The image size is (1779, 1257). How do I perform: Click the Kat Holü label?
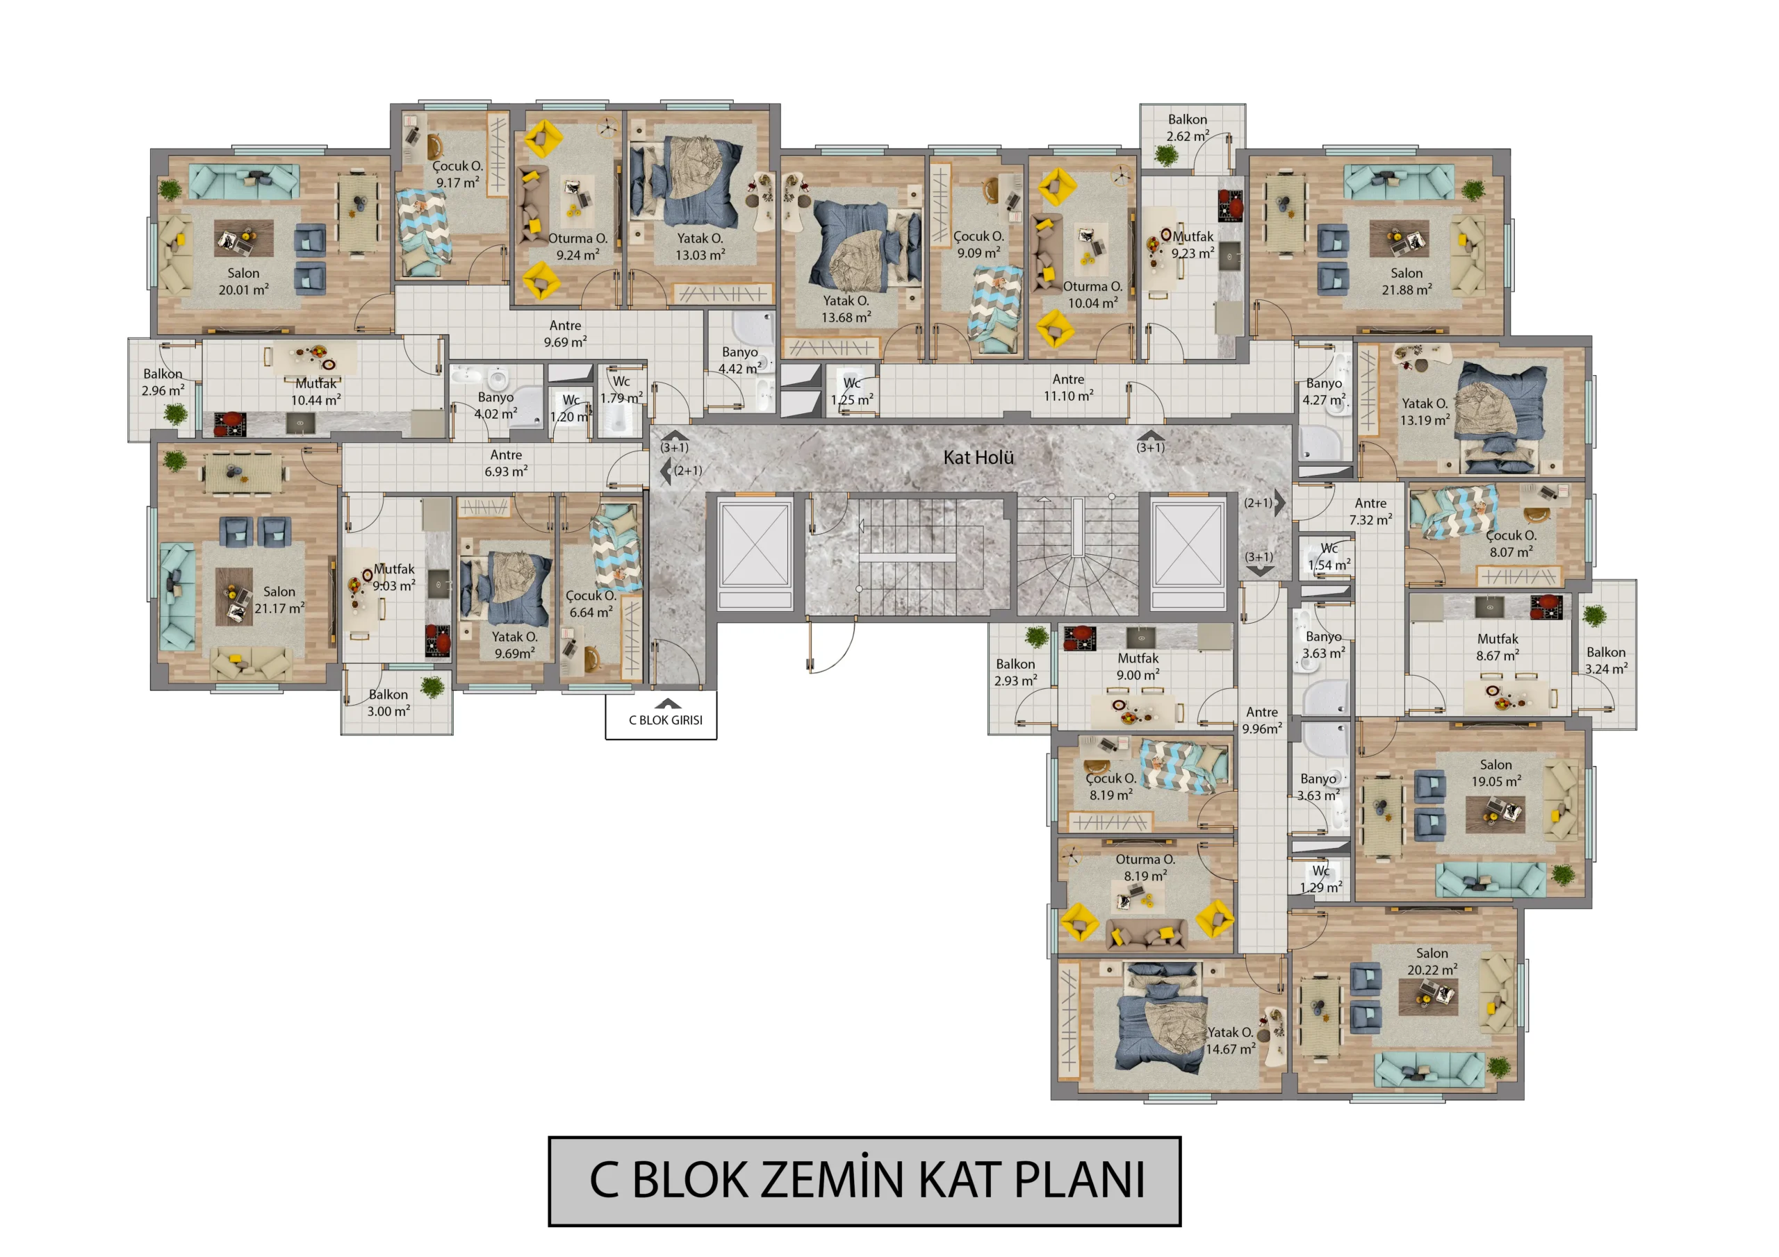(978, 457)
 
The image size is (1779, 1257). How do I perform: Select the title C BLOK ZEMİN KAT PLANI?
(864, 1181)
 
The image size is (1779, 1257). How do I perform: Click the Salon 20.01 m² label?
(243, 281)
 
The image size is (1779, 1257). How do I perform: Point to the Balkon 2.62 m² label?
(1188, 128)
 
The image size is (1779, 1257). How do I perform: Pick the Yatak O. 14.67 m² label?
(1231, 1041)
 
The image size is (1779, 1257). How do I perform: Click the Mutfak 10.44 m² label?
(316, 392)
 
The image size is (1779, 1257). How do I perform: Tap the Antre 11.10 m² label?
(1069, 388)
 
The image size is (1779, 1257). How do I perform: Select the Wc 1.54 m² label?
(1329, 557)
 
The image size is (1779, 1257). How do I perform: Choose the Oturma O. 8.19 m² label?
(1145, 867)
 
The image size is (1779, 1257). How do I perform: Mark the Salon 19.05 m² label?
(1496, 773)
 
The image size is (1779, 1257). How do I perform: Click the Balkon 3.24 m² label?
(1606, 660)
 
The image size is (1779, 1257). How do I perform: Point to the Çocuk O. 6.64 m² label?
(591, 604)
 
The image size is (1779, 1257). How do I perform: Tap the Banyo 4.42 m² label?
(740, 360)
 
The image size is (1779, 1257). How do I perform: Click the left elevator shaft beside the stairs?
(755, 554)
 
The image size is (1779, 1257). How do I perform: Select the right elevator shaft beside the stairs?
(1188, 554)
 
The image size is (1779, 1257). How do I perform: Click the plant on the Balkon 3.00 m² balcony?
(432, 687)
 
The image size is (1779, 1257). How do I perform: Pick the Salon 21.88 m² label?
(1407, 281)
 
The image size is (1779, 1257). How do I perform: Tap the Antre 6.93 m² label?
(506, 463)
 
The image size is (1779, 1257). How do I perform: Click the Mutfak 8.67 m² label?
(1498, 647)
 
